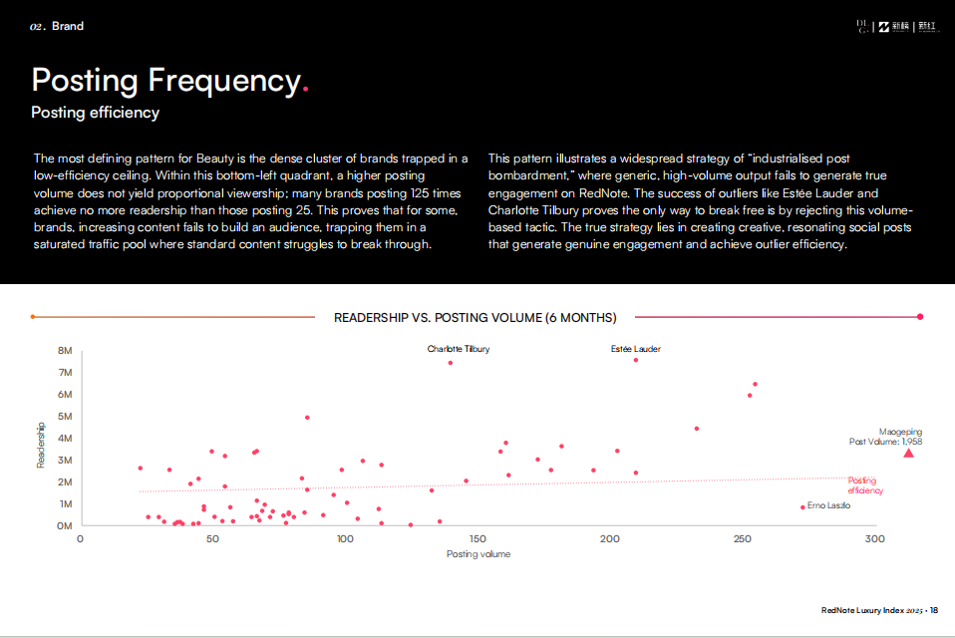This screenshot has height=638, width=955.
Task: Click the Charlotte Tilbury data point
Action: (451, 363)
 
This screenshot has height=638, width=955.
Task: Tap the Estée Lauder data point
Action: (636, 360)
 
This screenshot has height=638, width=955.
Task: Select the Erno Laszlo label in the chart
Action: (828, 506)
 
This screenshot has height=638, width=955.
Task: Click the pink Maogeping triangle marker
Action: (908, 454)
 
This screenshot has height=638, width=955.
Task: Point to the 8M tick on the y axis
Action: (66, 351)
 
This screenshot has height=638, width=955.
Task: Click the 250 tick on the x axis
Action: (742, 539)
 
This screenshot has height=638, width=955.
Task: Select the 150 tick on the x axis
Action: (477, 539)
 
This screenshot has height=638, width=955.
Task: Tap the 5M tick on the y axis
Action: (66, 417)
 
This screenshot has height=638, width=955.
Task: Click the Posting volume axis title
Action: (478, 554)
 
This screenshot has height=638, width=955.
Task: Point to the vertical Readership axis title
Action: (41, 444)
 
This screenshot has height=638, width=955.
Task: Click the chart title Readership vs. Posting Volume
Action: (476, 318)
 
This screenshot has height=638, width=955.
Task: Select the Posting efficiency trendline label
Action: (863, 485)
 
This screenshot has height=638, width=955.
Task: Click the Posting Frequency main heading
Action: (165, 80)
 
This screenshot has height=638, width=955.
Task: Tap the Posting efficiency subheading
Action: (96, 113)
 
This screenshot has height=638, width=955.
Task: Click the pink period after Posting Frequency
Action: (305, 90)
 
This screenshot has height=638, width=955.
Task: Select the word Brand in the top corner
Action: (68, 27)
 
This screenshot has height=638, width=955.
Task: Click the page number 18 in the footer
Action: (934, 610)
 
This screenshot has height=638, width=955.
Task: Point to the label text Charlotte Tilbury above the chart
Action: (459, 349)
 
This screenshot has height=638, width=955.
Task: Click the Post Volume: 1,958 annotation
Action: (885, 442)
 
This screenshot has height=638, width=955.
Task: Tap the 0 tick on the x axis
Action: (80, 539)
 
